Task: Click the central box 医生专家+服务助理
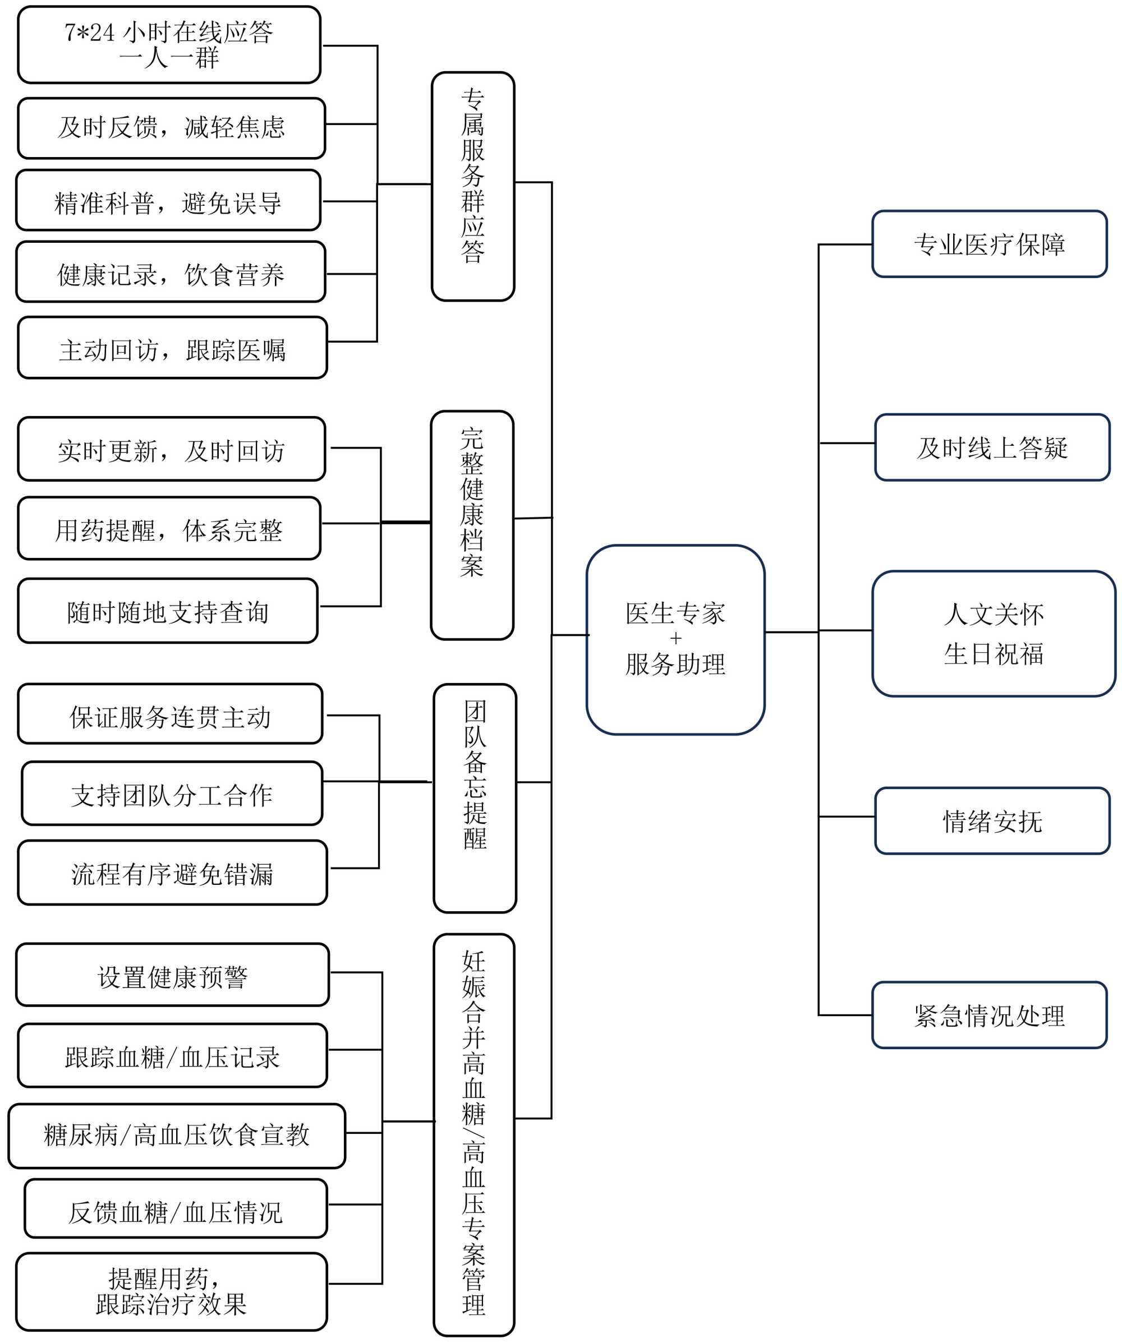pos(675,639)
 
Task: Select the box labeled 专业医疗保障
pos(989,244)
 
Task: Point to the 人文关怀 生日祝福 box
pos(993,634)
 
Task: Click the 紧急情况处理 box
pos(989,1016)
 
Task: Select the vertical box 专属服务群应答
pos(473,186)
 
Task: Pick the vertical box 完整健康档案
pos(472,525)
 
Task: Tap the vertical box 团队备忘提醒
pos(475,798)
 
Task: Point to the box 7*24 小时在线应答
pos(169,45)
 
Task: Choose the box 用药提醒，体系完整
pos(169,528)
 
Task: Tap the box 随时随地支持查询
pos(168,611)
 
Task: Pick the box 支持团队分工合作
pos(172,793)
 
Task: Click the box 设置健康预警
pos(172,975)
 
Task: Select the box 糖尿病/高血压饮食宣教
pos(177,1136)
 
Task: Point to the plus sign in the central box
pos(675,638)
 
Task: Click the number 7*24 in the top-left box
pos(90,32)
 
